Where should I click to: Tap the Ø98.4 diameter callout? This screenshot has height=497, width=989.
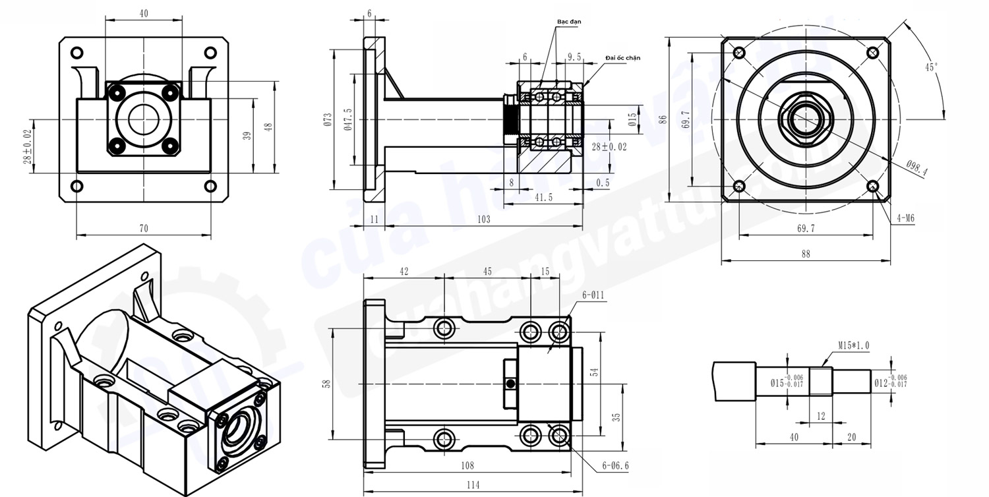(x=916, y=168)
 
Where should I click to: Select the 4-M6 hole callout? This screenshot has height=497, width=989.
(x=905, y=217)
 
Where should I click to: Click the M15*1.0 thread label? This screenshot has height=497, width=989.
(x=854, y=345)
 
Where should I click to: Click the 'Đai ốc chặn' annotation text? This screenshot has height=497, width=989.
(x=622, y=58)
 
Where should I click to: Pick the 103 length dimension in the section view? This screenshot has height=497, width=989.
(x=483, y=219)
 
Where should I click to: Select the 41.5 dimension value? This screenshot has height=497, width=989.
(x=543, y=198)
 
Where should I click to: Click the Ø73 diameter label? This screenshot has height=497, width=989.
(x=328, y=119)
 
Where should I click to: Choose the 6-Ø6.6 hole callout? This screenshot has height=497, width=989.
(x=615, y=465)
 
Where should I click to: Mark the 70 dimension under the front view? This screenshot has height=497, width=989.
(x=144, y=228)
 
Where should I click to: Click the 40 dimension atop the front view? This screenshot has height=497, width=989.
(x=144, y=13)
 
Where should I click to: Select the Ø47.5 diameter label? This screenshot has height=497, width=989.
(x=347, y=119)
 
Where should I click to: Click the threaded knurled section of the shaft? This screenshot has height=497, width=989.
(x=510, y=119)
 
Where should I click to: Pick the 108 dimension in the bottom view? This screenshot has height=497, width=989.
(x=467, y=465)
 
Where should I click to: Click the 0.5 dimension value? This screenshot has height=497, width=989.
(x=603, y=183)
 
